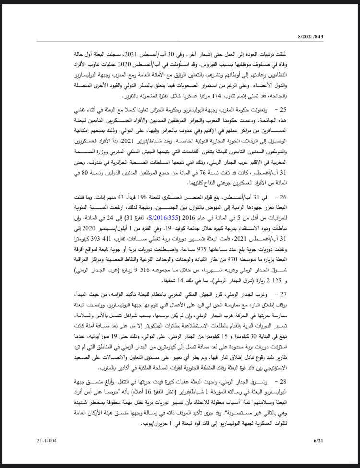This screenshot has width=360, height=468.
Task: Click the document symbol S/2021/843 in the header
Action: pyautogui.click(x=310, y=36)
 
